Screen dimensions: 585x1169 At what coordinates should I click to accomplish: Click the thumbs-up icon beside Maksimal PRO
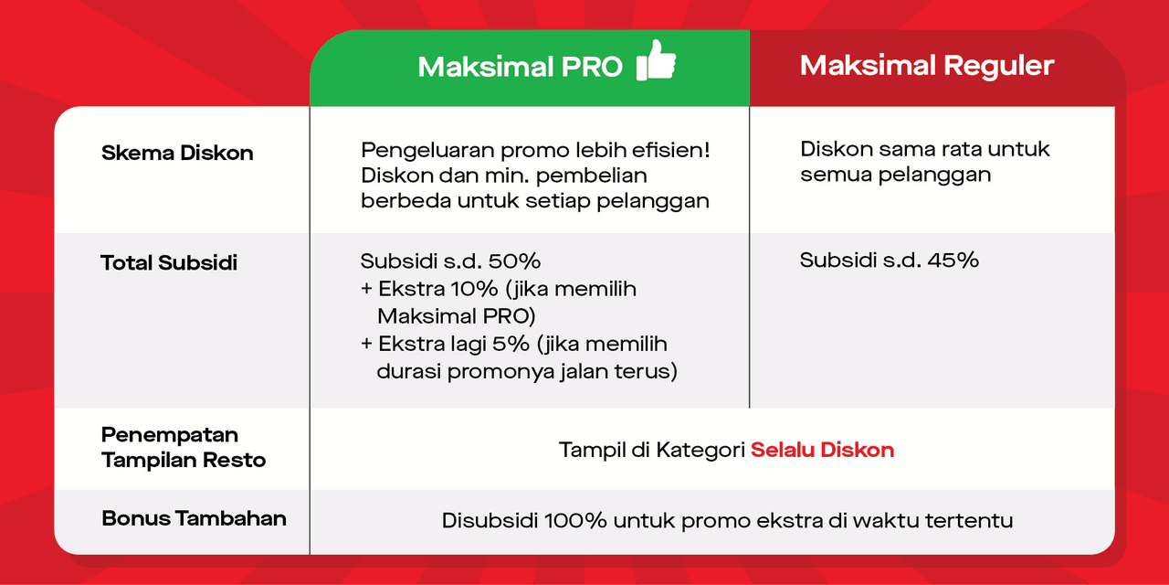coord(656,60)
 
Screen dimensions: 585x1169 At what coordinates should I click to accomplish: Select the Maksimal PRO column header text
coord(520,67)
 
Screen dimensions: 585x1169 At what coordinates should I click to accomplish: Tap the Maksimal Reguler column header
coord(927,66)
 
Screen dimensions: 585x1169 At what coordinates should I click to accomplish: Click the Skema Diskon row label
coord(177,153)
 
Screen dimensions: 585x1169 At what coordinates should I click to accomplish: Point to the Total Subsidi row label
coord(169,263)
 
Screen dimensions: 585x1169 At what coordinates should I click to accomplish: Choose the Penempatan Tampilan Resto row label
coord(184,447)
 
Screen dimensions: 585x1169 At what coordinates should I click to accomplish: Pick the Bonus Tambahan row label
coord(194,518)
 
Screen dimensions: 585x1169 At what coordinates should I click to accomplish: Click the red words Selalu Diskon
coord(822,450)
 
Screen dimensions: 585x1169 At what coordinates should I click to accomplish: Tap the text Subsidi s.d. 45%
coord(889,261)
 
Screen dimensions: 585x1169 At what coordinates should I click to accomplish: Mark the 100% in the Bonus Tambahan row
coord(575,521)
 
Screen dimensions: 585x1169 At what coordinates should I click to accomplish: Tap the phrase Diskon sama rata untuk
coord(925,149)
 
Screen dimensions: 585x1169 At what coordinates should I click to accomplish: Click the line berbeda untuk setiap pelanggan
coord(534,201)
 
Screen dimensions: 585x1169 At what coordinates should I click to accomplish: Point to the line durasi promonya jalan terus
coord(527,372)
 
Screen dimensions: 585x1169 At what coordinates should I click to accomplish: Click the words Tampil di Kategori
coord(651,450)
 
